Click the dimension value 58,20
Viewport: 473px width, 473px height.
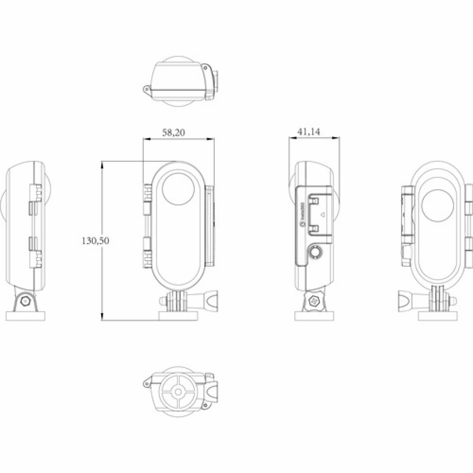[x=174, y=133]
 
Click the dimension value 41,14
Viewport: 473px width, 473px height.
[x=309, y=132]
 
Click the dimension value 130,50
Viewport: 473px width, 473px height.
[x=95, y=241]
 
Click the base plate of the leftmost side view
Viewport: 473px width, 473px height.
[x=26, y=316]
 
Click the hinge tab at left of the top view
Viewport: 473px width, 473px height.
[x=147, y=90]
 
